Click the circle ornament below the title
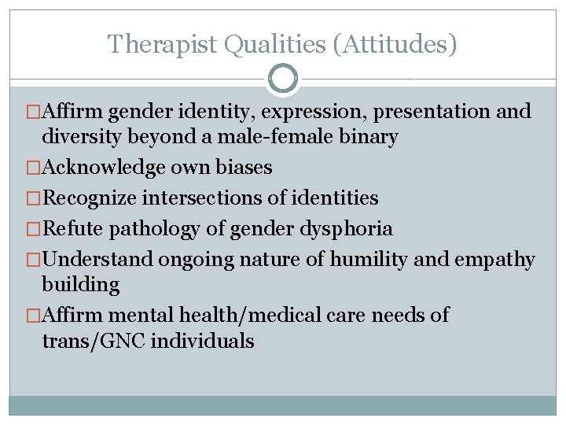pyautogui.click(x=282, y=79)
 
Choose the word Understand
pyautogui.click(x=98, y=260)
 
